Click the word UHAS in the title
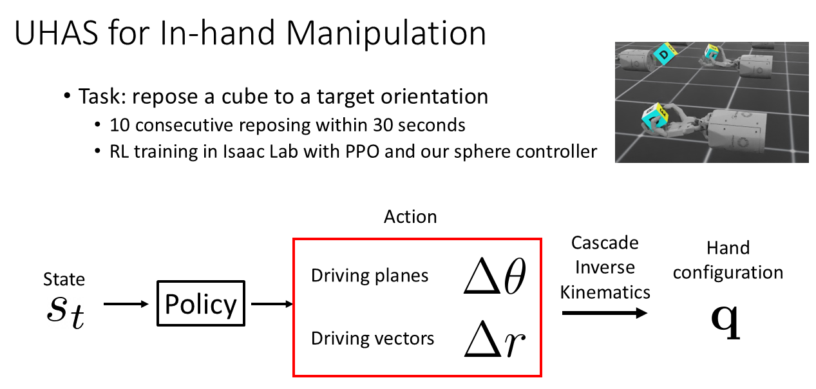click(57, 33)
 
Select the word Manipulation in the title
click(386, 34)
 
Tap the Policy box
click(201, 303)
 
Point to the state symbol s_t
click(66, 312)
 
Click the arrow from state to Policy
click(126, 304)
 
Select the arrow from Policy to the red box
click(272, 304)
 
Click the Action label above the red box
click(410, 216)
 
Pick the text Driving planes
click(370, 276)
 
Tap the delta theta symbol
click(495, 276)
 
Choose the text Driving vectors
click(373, 338)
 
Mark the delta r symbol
click(495, 338)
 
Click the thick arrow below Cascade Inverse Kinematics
click(605, 313)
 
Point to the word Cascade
click(605, 243)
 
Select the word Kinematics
click(605, 292)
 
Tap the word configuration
click(728, 273)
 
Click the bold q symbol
click(726, 321)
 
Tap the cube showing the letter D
click(665, 54)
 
